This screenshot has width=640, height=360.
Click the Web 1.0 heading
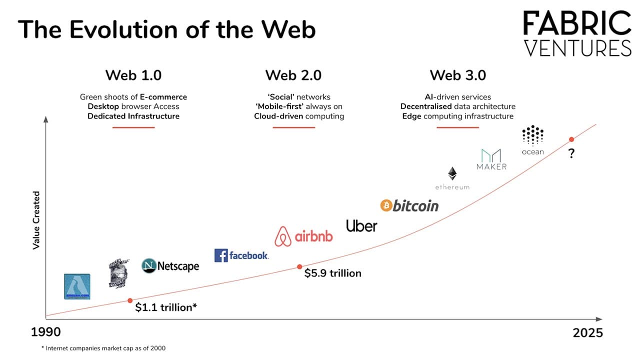pyautogui.click(x=133, y=75)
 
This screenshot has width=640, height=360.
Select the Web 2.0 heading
pyautogui.click(x=293, y=75)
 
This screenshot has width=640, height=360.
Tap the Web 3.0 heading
pyautogui.click(x=457, y=75)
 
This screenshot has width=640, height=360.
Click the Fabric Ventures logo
pyautogui.click(x=577, y=34)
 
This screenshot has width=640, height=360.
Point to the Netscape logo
pyautogui.click(x=170, y=266)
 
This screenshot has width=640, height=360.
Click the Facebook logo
pyautogui.click(x=241, y=255)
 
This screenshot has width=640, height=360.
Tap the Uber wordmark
pyautogui.click(x=361, y=226)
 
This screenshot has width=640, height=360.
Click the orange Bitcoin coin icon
pyautogui.click(x=386, y=205)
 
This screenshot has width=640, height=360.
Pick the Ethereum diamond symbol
pyautogui.click(x=452, y=174)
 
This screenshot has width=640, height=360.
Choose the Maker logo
pyautogui.click(x=491, y=159)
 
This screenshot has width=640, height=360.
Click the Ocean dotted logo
pyautogui.click(x=532, y=135)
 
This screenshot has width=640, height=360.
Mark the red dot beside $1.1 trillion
pyautogui.click(x=130, y=300)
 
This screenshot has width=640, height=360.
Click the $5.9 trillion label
pyautogui.click(x=332, y=273)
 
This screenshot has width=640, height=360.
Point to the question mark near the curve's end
pyautogui.click(x=571, y=154)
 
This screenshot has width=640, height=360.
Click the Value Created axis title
pyautogui.click(x=36, y=220)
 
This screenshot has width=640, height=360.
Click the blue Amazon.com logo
pyautogui.click(x=77, y=286)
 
